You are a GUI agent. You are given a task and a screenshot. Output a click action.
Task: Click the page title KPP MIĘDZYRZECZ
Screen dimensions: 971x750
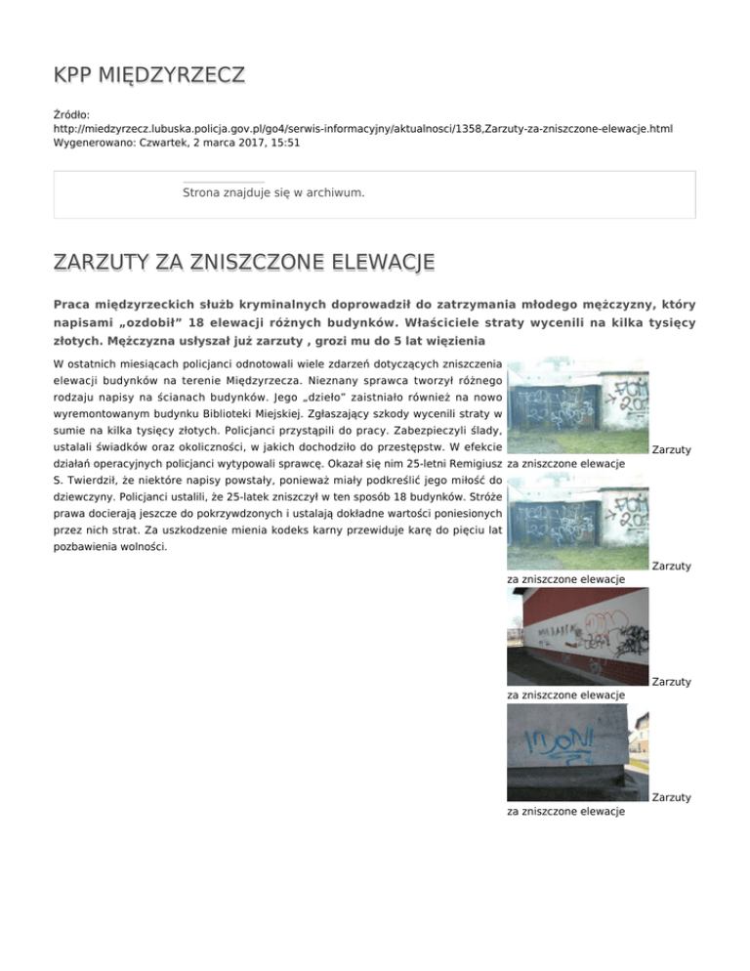coord(149,75)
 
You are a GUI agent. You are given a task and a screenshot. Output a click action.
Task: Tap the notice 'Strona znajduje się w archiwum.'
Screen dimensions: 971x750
coord(273,193)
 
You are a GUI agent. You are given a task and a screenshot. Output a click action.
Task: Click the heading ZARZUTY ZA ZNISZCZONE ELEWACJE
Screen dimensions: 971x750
coord(244,263)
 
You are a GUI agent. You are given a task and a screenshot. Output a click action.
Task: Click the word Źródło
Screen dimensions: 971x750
coord(71,114)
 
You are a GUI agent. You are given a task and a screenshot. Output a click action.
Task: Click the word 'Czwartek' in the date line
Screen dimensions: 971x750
coord(169,142)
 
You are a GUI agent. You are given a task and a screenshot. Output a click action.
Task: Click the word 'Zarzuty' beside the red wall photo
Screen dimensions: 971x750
coord(671,681)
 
